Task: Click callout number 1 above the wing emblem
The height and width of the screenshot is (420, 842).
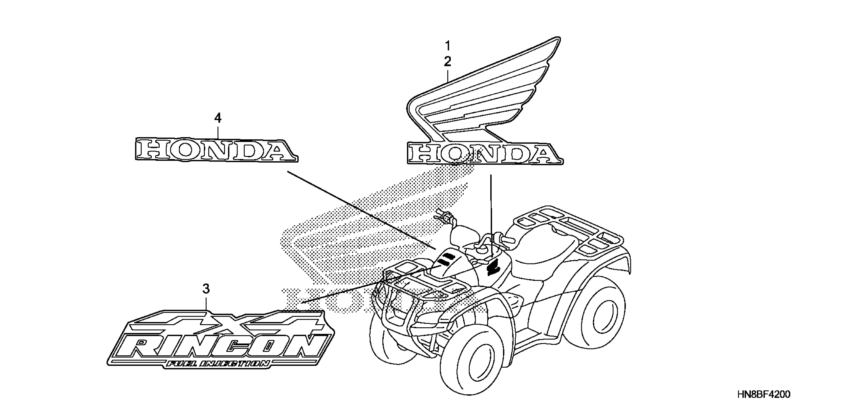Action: pos(448,45)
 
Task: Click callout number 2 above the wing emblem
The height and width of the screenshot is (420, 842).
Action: pos(448,62)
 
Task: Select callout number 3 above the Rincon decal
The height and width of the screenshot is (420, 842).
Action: pos(206,289)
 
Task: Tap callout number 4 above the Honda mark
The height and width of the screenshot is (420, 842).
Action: pos(218,118)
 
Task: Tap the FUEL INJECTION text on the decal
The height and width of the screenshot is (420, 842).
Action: pos(217,363)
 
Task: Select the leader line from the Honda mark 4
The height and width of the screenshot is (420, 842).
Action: pos(360,209)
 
